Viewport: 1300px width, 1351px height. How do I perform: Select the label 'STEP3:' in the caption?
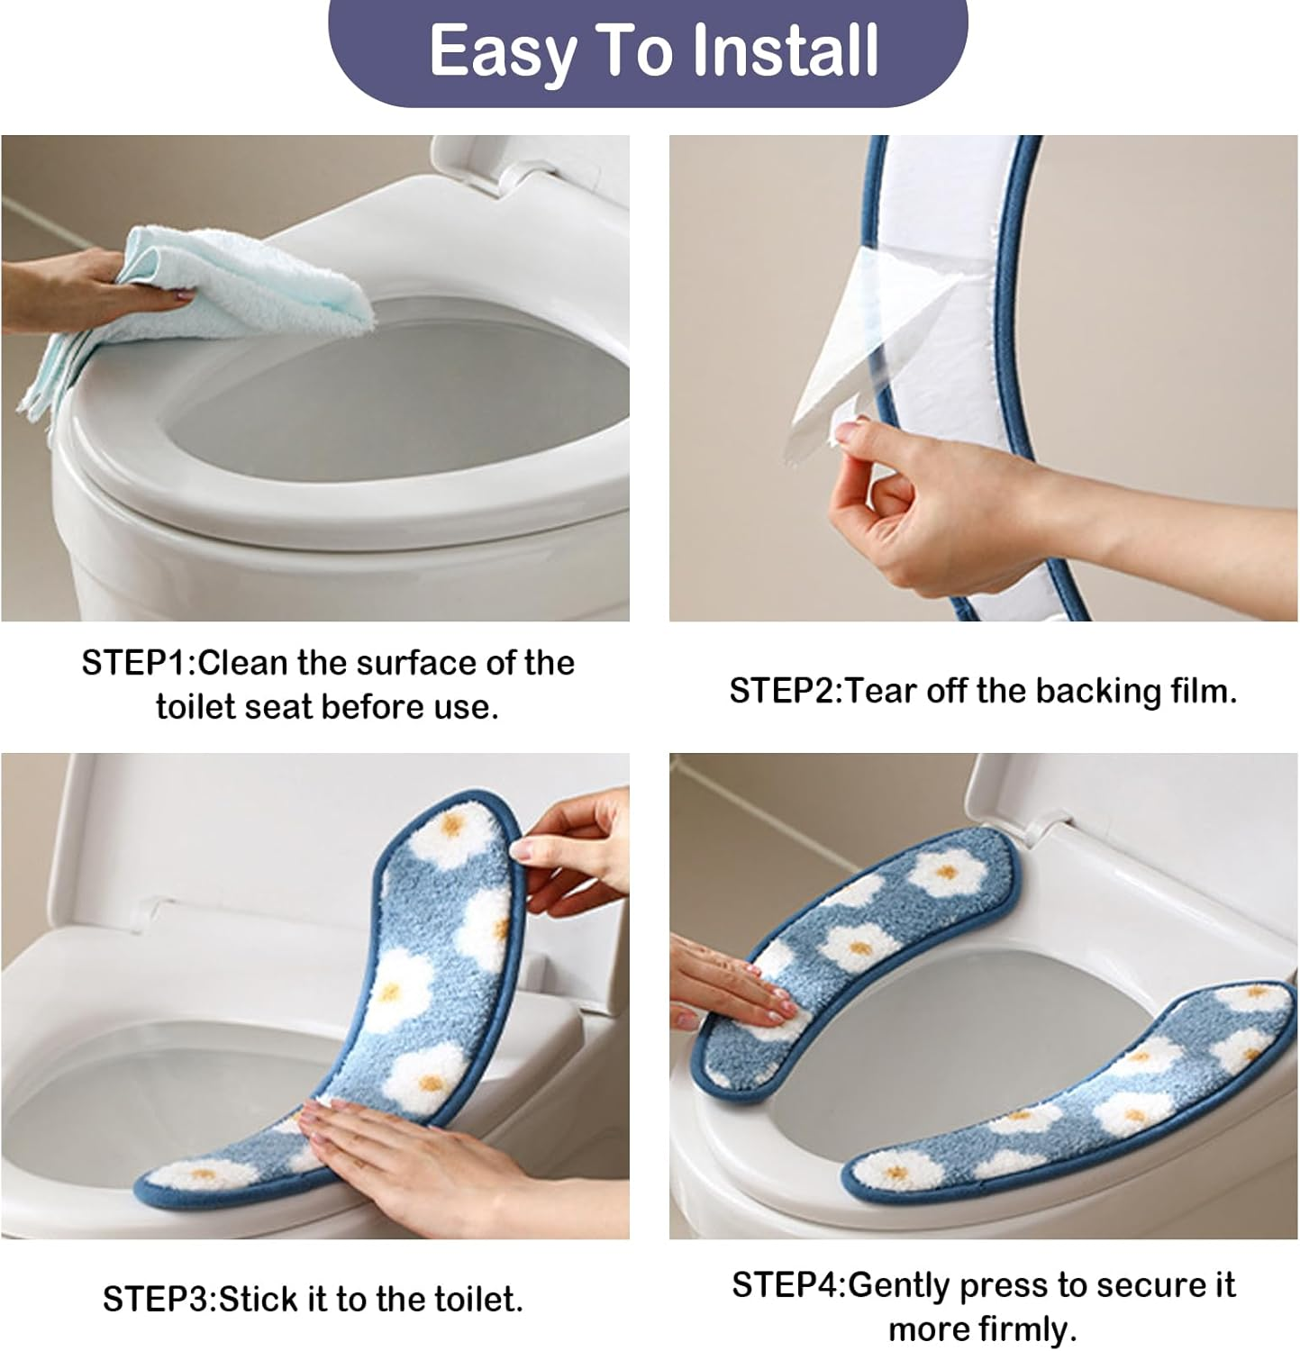click(x=159, y=1299)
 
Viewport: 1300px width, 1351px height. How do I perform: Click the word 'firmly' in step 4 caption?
click(x=1025, y=1328)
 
